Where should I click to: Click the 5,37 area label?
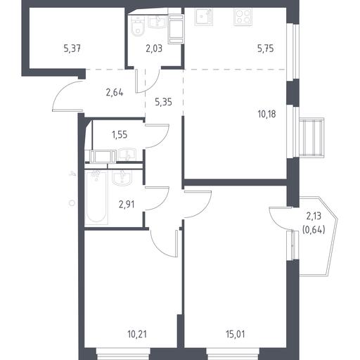72,49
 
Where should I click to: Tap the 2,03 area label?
154,49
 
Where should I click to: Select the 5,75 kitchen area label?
265,49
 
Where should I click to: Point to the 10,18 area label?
266,115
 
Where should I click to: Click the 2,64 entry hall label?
115,93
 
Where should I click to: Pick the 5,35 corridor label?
164,102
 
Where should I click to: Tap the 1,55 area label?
120,135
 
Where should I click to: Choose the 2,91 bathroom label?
127,205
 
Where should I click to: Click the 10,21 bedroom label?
137,334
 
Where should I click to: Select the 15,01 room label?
236,334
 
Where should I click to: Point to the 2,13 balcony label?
314,217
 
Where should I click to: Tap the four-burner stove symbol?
243,17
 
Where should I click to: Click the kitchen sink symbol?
204,17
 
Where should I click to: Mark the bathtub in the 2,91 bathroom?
96,198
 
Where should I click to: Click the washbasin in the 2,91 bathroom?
122,178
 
